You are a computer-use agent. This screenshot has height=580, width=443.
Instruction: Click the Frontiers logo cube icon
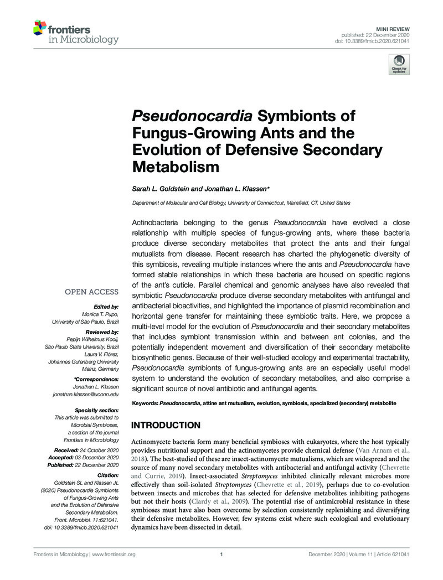click(39, 27)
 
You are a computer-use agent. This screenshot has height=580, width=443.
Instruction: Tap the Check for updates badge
click(398, 65)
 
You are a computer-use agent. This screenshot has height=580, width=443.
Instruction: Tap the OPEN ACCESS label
click(92, 292)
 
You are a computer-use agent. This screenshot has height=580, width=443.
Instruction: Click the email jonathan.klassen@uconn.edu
click(85, 393)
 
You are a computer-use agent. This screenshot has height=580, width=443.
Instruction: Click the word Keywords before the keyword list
click(145, 405)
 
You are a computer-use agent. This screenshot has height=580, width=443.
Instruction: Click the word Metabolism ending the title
click(176, 165)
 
